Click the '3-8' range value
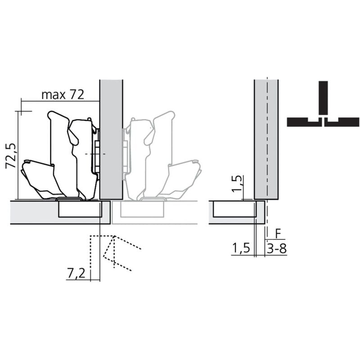pos(276,249)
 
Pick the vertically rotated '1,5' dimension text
pos(238,184)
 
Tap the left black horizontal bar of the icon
pos(304,121)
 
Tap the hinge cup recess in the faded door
pos(141,209)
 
